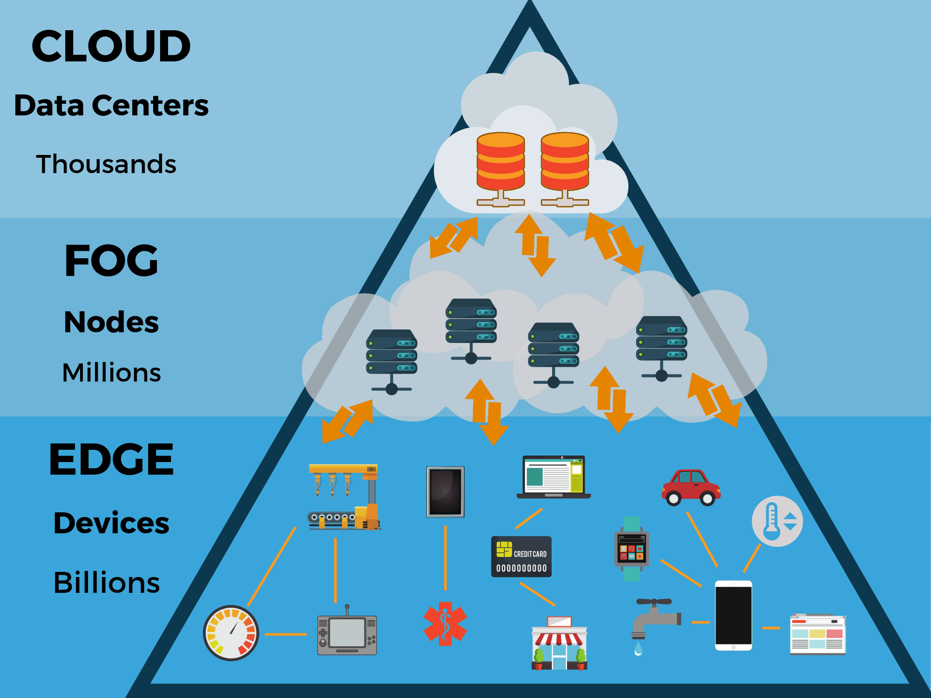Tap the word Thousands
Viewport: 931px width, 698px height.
click(106, 164)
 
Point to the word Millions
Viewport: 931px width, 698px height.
click(112, 373)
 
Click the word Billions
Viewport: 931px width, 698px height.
click(107, 582)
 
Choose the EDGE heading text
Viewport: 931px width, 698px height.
click(111, 460)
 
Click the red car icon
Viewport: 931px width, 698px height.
click(691, 487)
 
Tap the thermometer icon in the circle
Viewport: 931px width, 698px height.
click(777, 521)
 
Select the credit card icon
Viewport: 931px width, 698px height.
click(521, 557)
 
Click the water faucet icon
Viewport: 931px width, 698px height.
click(654, 621)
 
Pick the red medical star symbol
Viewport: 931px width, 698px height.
click(445, 624)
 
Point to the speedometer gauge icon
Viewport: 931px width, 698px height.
click(231, 633)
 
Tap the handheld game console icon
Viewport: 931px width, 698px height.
click(347, 634)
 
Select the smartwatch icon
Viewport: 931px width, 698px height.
click(632, 549)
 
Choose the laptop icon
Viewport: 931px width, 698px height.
click(553, 477)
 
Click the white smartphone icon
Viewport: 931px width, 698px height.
click(733, 615)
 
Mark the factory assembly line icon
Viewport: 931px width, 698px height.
click(344, 497)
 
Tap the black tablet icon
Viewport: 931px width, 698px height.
click(445, 492)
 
